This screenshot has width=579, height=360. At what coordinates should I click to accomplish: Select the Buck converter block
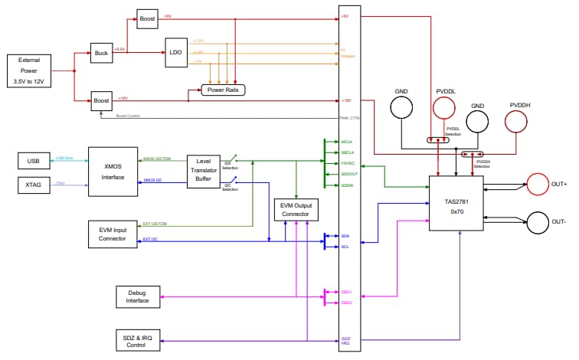click(101, 54)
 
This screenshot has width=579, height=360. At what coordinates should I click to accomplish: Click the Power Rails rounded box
click(223, 90)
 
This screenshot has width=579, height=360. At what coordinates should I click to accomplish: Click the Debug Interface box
click(139, 296)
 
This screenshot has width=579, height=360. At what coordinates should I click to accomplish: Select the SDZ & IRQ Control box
click(139, 339)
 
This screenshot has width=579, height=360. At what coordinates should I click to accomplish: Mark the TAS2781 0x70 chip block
click(456, 202)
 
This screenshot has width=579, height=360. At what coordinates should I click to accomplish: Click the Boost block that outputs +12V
click(101, 100)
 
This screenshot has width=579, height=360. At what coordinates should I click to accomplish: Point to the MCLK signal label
click(347, 142)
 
